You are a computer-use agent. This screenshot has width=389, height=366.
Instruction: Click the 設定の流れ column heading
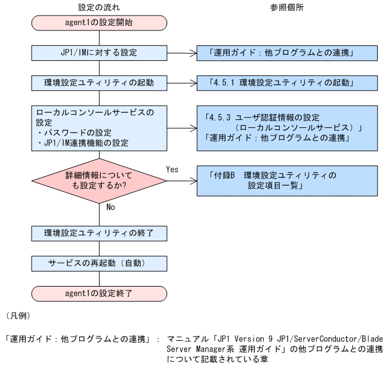pyautogui.click(x=98, y=9)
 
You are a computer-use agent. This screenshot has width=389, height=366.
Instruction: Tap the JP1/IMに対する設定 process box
pyautogui.click(x=98, y=53)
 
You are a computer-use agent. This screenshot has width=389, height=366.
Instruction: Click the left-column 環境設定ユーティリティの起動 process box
pyautogui.click(x=98, y=83)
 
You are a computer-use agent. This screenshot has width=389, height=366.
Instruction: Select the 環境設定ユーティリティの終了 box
pyautogui.click(x=98, y=232)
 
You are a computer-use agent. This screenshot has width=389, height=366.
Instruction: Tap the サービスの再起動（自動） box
pyautogui.click(x=98, y=263)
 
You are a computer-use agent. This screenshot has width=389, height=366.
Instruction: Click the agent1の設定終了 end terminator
pyautogui.click(x=98, y=293)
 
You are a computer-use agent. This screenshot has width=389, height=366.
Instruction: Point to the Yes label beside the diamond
pyautogui.click(x=172, y=170)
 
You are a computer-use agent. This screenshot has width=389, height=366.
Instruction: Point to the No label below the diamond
pyautogui.click(x=110, y=208)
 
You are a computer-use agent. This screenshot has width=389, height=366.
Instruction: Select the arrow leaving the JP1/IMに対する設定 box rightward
pyautogui.click(x=179, y=53)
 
